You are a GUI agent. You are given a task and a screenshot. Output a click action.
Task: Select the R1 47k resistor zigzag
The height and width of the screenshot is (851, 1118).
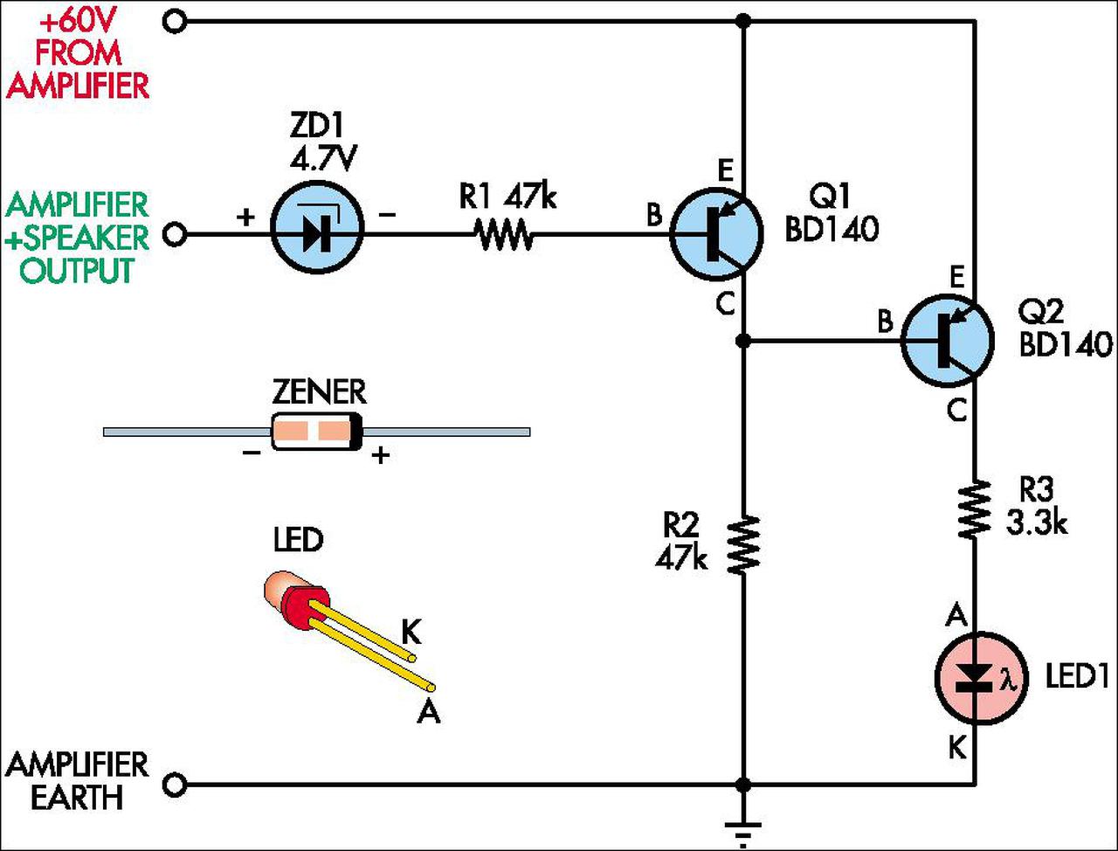pos(504,234)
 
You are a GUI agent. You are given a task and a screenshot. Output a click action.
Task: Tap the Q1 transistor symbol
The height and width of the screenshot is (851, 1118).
pos(715,234)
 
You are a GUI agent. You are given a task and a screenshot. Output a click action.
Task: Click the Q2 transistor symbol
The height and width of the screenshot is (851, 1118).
pos(948,341)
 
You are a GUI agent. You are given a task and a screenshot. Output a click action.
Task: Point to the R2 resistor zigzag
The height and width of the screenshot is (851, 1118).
pos(743,545)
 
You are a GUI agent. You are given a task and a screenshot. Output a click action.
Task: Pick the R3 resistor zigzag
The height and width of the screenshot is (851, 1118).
pos(975,509)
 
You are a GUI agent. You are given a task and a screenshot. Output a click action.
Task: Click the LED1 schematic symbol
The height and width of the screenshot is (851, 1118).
pos(981,678)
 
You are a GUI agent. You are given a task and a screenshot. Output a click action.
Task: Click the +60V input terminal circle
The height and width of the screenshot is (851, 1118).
pos(175,22)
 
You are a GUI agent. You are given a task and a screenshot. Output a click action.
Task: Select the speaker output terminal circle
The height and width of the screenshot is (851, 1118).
pos(175,235)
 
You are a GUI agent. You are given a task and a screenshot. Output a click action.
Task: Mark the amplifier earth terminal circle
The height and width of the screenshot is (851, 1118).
pos(175,785)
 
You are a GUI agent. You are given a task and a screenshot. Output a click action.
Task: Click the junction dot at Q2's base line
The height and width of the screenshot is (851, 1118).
pos(743,341)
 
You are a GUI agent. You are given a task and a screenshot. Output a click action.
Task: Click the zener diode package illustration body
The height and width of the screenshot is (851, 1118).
pos(317,432)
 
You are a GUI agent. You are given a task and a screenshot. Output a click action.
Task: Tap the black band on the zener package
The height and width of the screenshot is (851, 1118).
pos(357,432)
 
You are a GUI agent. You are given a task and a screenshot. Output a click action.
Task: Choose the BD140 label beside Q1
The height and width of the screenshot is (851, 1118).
pos(832,229)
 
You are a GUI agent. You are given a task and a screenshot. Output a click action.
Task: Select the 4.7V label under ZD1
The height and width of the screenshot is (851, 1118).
pos(322,159)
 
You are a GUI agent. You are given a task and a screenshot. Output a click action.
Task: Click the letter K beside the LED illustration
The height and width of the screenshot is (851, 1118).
pos(411,634)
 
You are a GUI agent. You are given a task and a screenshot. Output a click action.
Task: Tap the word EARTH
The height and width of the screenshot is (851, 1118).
pos(77,797)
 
